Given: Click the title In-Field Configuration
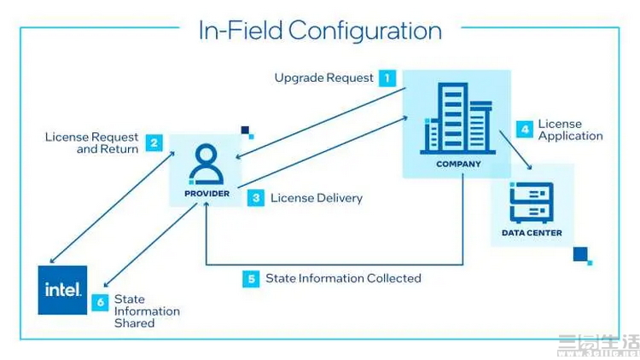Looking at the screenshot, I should point(320,31).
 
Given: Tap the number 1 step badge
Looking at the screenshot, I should point(387,78).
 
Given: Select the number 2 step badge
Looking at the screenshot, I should point(154,142).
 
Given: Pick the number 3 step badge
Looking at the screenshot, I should point(256,198).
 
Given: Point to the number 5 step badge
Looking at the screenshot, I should point(250,278).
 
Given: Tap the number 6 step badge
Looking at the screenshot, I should point(102,301).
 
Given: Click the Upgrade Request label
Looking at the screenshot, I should point(323,78).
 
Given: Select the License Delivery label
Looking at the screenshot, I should point(317,198).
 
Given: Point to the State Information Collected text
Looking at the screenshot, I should point(343,278).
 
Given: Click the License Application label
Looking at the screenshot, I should point(570,130).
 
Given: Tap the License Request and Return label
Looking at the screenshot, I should point(92,142).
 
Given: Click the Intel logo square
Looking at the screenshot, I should point(63,290).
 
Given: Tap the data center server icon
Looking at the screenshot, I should point(532,202).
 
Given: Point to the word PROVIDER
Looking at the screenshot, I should point(207,194).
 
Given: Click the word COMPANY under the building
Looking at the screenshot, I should point(459,164).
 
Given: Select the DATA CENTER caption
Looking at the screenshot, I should point(532,232).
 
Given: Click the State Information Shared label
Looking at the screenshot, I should point(147,311).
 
